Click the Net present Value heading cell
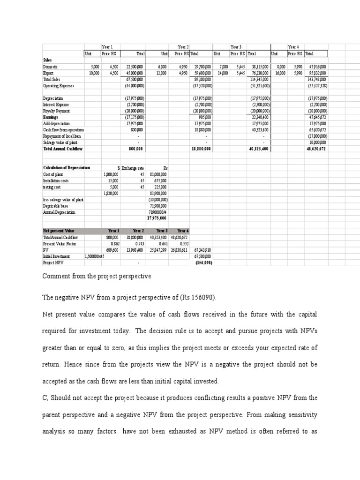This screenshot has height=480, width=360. click(59, 231)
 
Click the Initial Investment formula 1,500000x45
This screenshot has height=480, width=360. click(94, 256)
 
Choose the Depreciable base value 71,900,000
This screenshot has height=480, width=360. click(157, 205)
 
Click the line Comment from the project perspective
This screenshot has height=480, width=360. click(97, 276)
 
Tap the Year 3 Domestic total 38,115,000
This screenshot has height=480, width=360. click(257, 67)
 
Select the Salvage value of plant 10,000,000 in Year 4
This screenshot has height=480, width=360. click(317, 142)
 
